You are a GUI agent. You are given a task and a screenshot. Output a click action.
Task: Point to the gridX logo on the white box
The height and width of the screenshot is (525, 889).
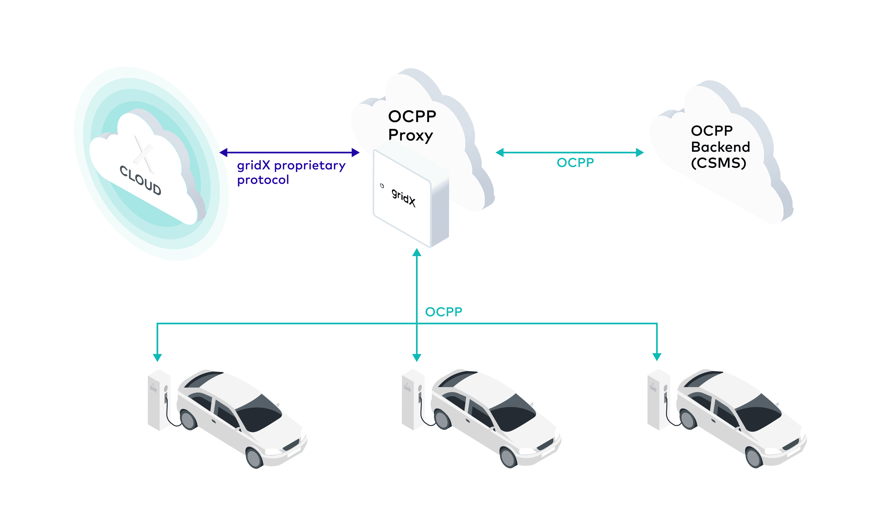tap(404, 197)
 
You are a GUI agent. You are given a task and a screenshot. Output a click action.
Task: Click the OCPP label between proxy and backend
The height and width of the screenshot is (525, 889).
tap(575, 163)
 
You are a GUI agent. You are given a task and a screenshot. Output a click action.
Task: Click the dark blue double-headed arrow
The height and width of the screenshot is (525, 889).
tap(289, 152)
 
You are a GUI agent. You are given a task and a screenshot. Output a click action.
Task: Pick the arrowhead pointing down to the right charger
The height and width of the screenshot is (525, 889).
tap(657, 357)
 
